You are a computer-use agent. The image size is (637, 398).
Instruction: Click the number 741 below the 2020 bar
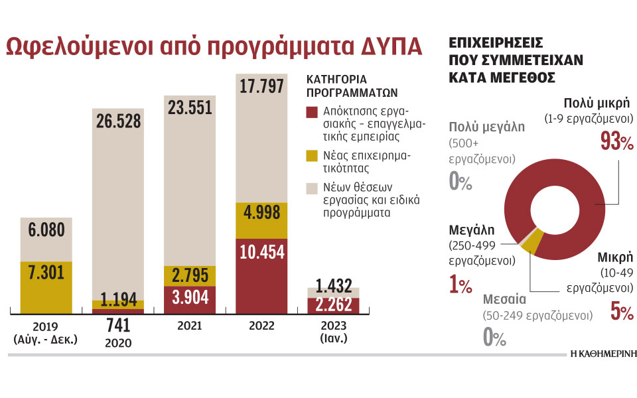pyautogui.click(x=118, y=326)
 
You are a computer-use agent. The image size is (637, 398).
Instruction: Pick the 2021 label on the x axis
pyautogui.click(x=190, y=326)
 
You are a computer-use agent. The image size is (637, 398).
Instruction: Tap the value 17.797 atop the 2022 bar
pyautogui.click(x=262, y=87)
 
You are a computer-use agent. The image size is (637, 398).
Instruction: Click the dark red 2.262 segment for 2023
pyautogui.click(x=333, y=306)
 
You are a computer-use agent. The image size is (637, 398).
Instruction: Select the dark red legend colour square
pyautogui.click(x=312, y=112)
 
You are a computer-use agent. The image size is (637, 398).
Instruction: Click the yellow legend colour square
pyautogui.click(x=312, y=156)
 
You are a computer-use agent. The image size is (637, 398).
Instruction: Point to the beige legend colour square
pyautogui.click(x=312, y=189)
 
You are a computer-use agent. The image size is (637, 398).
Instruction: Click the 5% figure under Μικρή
pyautogui.click(x=622, y=310)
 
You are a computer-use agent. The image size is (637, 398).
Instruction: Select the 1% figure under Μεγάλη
pyautogui.click(x=460, y=285)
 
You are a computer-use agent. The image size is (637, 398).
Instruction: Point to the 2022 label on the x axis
pyautogui.click(x=262, y=326)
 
